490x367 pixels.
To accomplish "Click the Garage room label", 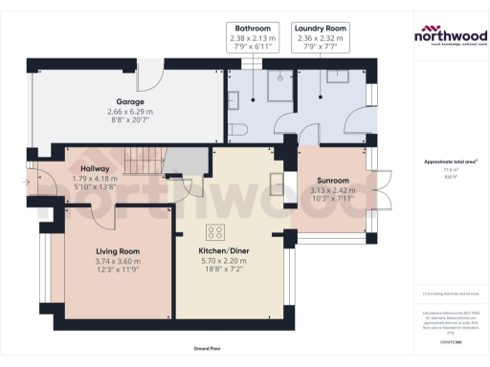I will pos(129,100).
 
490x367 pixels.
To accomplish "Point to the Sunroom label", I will pos(333,181).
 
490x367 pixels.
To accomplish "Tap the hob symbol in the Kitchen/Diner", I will pos(214,232).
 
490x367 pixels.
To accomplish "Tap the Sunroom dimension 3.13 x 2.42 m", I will pos(333,190).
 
